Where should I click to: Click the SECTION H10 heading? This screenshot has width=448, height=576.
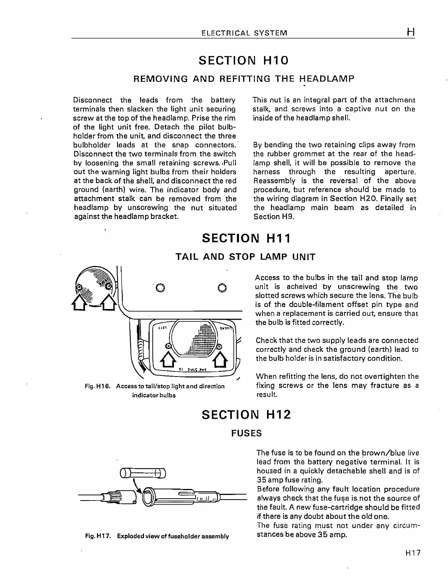[x=244, y=61]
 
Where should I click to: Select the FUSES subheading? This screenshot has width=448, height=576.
[x=246, y=433]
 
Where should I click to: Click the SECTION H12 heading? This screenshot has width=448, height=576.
[x=246, y=415]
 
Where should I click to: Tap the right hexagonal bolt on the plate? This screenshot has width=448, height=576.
[x=221, y=288]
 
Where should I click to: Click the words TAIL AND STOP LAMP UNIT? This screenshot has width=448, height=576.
[x=245, y=257]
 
